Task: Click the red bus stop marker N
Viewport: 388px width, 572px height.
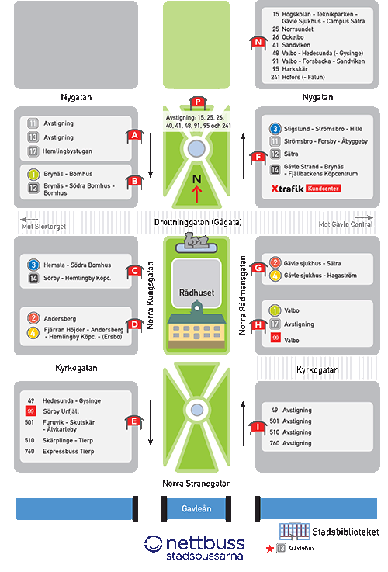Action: click(258, 43)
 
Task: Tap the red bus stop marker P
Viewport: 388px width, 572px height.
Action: click(198, 102)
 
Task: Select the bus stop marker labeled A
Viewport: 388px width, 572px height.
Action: click(134, 135)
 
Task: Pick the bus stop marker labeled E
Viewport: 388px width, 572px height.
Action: click(133, 421)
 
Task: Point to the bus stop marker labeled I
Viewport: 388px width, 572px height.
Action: click(258, 427)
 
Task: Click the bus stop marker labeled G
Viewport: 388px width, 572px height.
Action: click(258, 268)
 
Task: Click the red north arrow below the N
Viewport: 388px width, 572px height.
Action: click(196, 194)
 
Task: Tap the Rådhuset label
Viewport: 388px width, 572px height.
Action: click(196, 293)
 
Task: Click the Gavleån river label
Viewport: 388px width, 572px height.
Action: click(196, 508)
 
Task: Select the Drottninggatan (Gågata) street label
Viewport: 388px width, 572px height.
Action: click(198, 222)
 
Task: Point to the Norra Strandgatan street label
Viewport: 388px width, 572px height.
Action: click(196, 484)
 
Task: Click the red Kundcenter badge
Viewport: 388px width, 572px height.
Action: click(323, 189)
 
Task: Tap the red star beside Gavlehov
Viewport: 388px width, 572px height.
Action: click(270, 549)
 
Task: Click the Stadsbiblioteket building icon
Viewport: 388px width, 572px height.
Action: click(294, 531)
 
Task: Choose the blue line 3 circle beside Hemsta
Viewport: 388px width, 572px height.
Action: click(33, 265)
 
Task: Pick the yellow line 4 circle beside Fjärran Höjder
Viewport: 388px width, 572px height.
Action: click(33, 333)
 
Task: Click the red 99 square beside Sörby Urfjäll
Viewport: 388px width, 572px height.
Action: click(30, 411)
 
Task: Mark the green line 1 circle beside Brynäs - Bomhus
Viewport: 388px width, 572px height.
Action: click(33, 174)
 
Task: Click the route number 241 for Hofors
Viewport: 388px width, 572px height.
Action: click(275, 77)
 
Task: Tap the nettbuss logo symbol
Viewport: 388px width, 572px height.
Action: click(153, 544)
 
